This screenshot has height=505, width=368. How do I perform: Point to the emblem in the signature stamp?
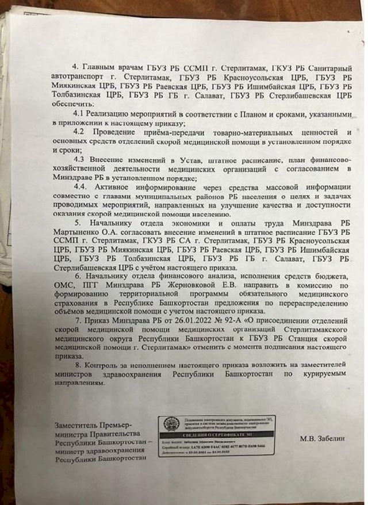[x=168, y=426]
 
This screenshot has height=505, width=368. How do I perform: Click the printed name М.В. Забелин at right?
[x=323, y=438]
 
